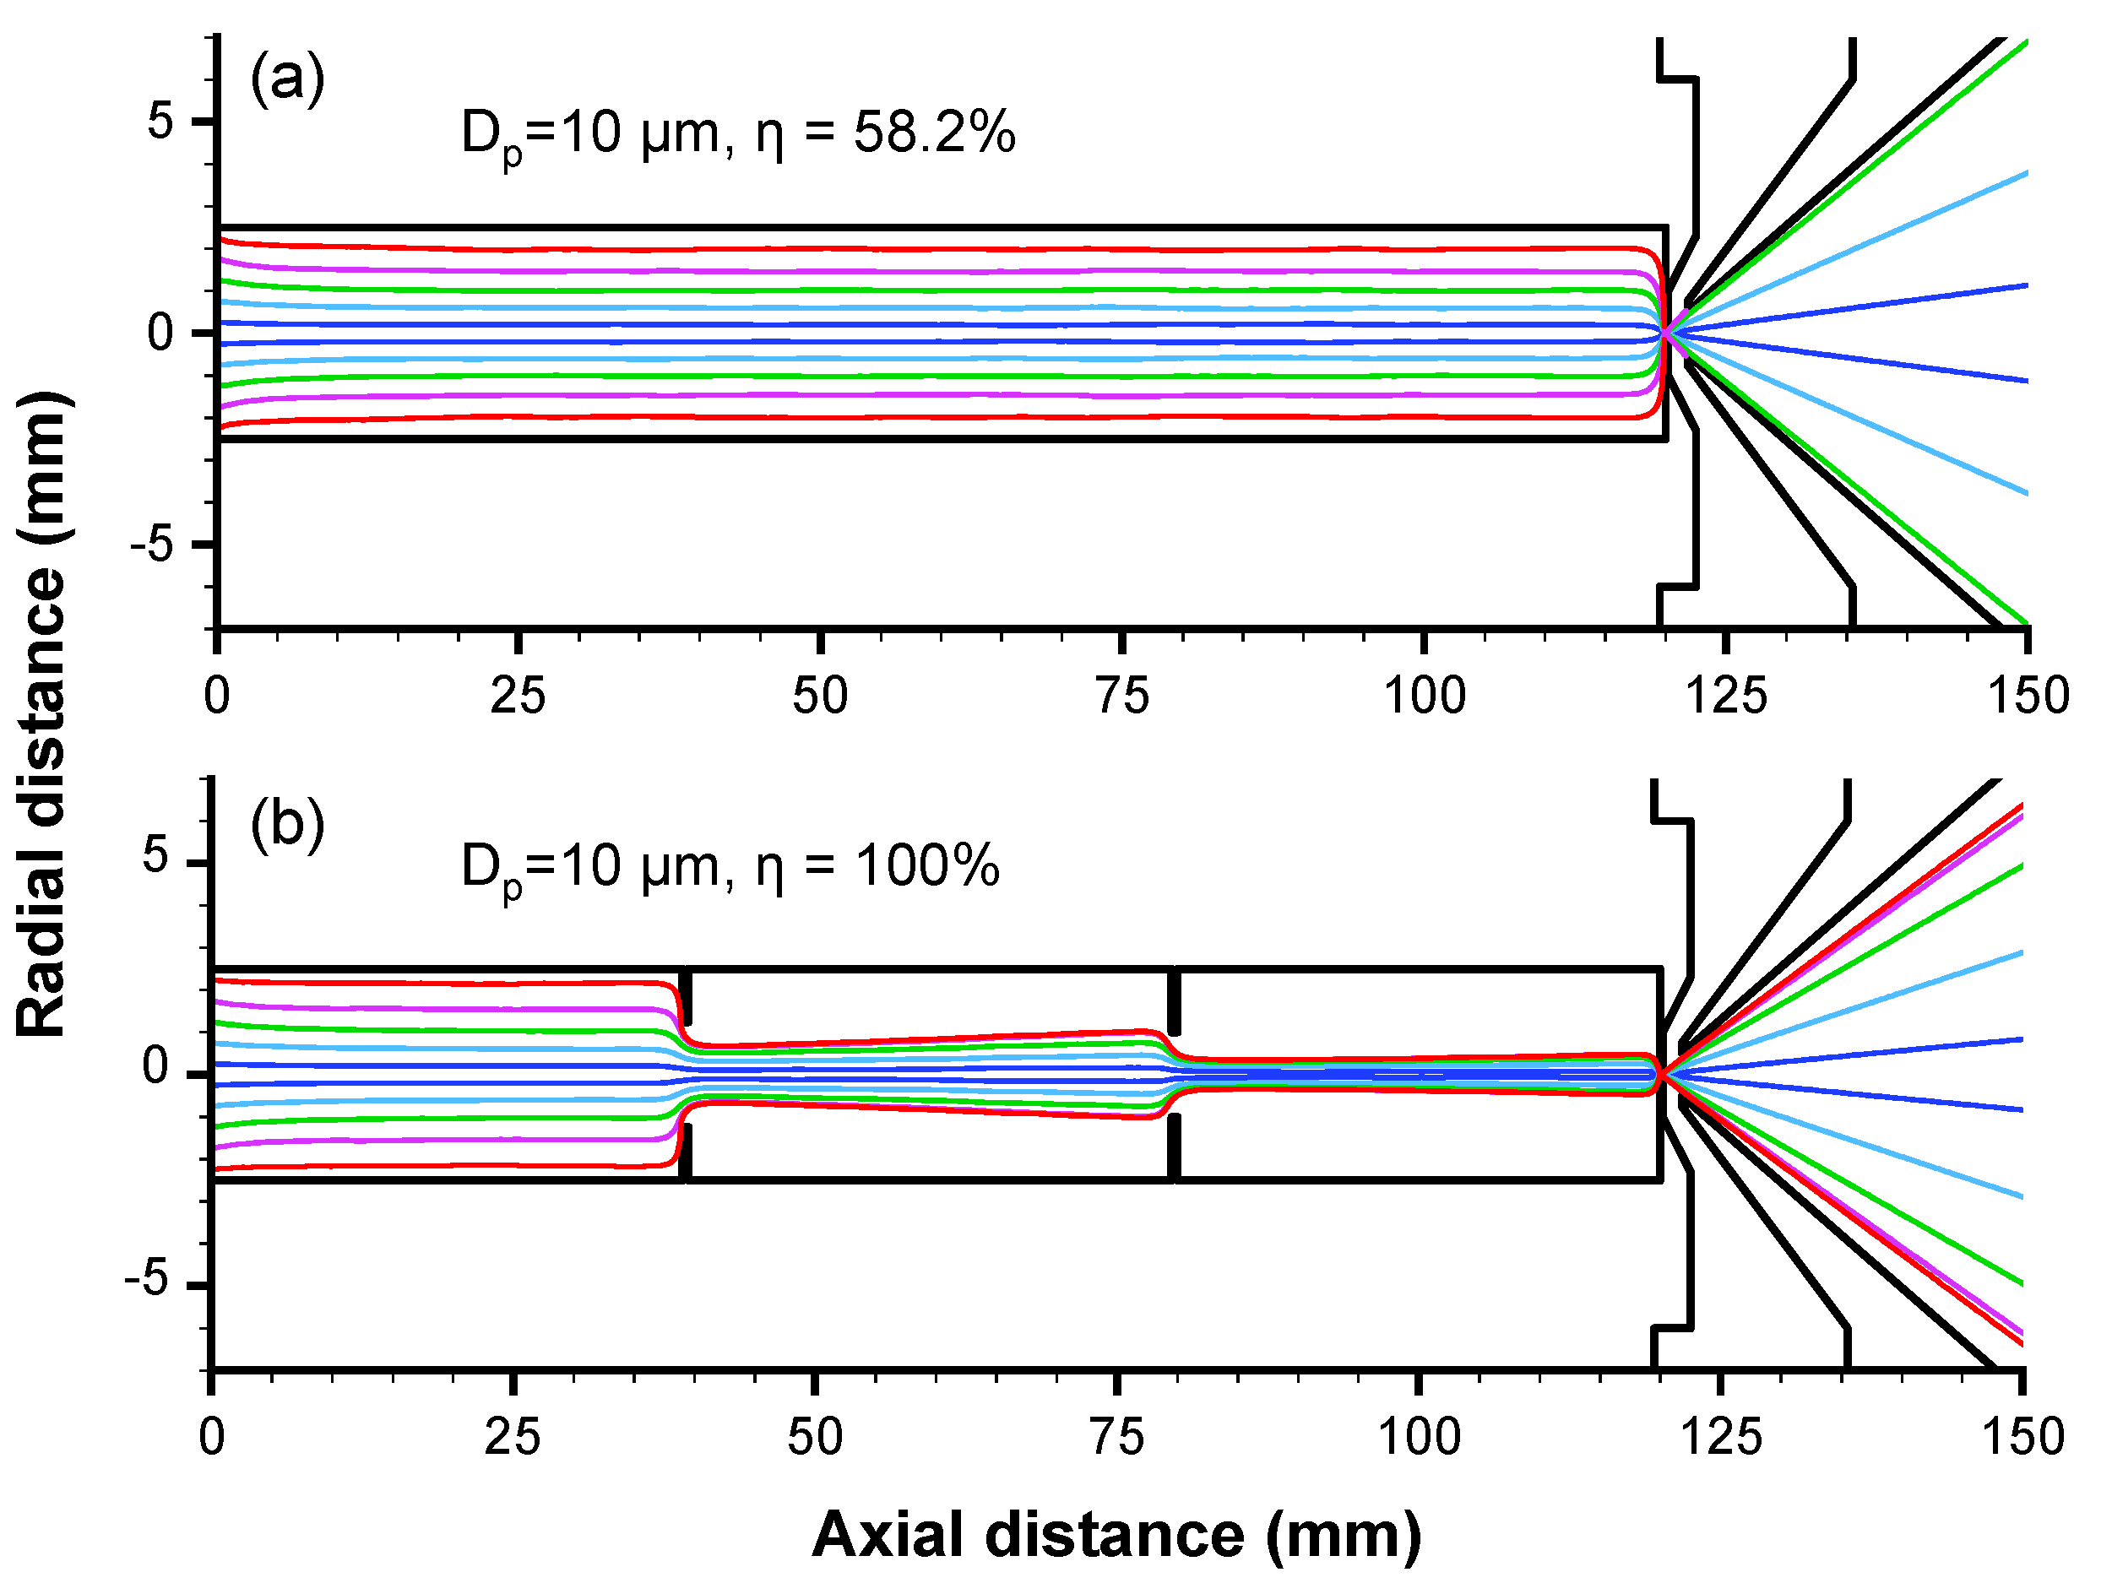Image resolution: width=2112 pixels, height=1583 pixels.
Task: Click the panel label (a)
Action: [286, 79]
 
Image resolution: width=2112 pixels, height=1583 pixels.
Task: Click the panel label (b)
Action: [286, 824]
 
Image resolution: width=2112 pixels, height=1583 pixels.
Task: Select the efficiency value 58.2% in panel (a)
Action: [934, 133]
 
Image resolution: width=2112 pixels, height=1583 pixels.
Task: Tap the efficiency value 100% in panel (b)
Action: [926, 867]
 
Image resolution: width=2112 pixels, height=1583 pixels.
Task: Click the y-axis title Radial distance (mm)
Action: [43, 714]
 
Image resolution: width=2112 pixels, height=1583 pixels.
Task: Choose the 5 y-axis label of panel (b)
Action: [158, 856]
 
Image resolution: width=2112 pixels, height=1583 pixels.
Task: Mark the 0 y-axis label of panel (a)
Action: [160, 333]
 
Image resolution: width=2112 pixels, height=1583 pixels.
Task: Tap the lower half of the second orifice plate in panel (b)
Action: [1175, 1146]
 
